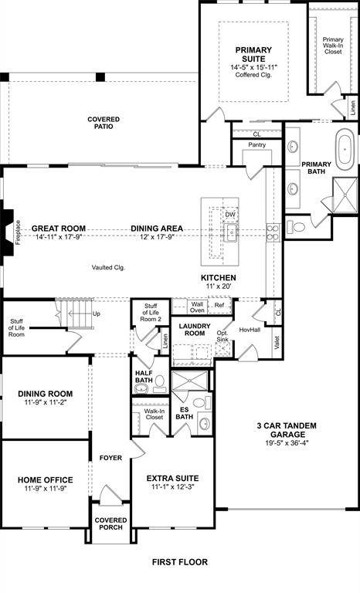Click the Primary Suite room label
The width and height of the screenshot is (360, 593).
click(250, 54)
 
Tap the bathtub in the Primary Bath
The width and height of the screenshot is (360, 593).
click(342, 151)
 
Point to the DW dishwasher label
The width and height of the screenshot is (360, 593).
click(230, 214)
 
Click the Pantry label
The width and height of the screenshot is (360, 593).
click(257, 145)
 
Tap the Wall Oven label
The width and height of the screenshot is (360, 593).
click(197, 307)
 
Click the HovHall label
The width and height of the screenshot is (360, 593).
click(250, 330)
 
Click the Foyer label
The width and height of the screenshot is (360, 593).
click(110, 458)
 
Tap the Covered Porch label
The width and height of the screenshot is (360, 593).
click(110, 525)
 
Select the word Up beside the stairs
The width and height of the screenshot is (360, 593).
click(97, 314)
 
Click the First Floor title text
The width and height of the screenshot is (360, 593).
click(179, 563)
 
